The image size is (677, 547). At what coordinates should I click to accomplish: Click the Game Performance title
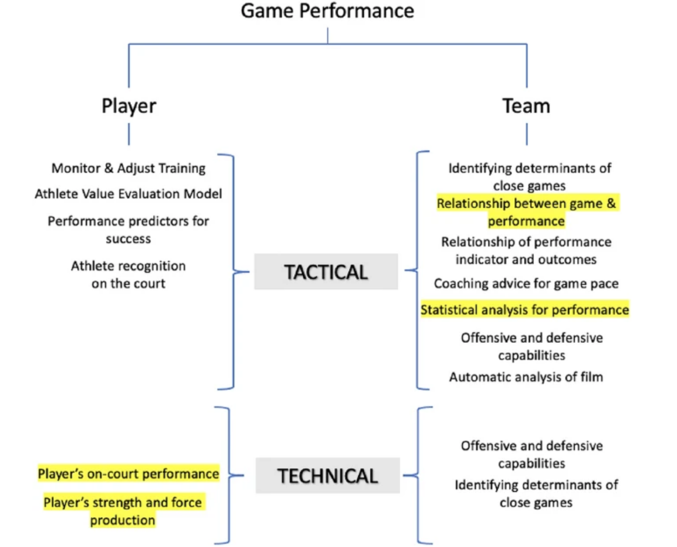(x=327, y=11)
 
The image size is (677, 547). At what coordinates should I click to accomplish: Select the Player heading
(x=129, y=106)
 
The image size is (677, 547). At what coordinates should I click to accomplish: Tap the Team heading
(x=526, y=106)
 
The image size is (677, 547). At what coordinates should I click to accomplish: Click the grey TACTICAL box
(x=326, y=272)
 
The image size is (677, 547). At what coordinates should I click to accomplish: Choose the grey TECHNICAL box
(x=327, y=476)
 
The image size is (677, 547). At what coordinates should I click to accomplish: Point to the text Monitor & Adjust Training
(x=128, y=168)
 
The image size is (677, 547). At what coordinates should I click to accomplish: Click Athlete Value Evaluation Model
(x=128, y=194)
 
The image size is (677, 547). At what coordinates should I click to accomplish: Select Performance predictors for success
(x=128, y=229)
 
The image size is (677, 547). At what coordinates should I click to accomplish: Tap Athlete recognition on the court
(x=128, y=275)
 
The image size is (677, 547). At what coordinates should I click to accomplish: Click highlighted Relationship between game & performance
(x=526, y=212)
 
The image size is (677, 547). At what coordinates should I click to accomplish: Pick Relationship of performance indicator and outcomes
(x=526, y=251)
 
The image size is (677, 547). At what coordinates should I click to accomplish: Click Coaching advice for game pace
(x=526, y=284)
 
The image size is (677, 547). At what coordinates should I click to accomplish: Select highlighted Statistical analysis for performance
(x=524, y=310)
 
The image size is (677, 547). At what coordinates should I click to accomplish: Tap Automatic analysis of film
(x=526, y=377)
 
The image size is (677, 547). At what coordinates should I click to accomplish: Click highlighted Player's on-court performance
(x=128, y=474)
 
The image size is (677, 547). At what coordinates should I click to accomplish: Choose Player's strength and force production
(x=123, y=511)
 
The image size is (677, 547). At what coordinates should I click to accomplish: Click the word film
(x=592, y=377)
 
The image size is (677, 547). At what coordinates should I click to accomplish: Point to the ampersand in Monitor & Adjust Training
(x=109, y=168)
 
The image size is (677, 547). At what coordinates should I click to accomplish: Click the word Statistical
(x=449, y=310)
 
